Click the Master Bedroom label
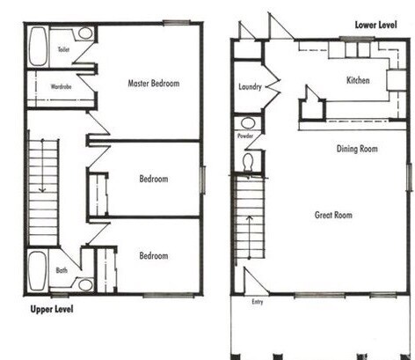[153, 84]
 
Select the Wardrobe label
[61, 86]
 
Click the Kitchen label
[358, 80]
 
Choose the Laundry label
[251, 87]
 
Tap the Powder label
[245, 137]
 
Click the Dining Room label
[357, 149]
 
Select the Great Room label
[333, 215]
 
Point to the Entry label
[257, 302]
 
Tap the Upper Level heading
[47, 309]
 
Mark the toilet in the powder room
[248, 162]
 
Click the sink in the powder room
[247, 123]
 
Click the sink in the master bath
[84, 33]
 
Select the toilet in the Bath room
[84, 284]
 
